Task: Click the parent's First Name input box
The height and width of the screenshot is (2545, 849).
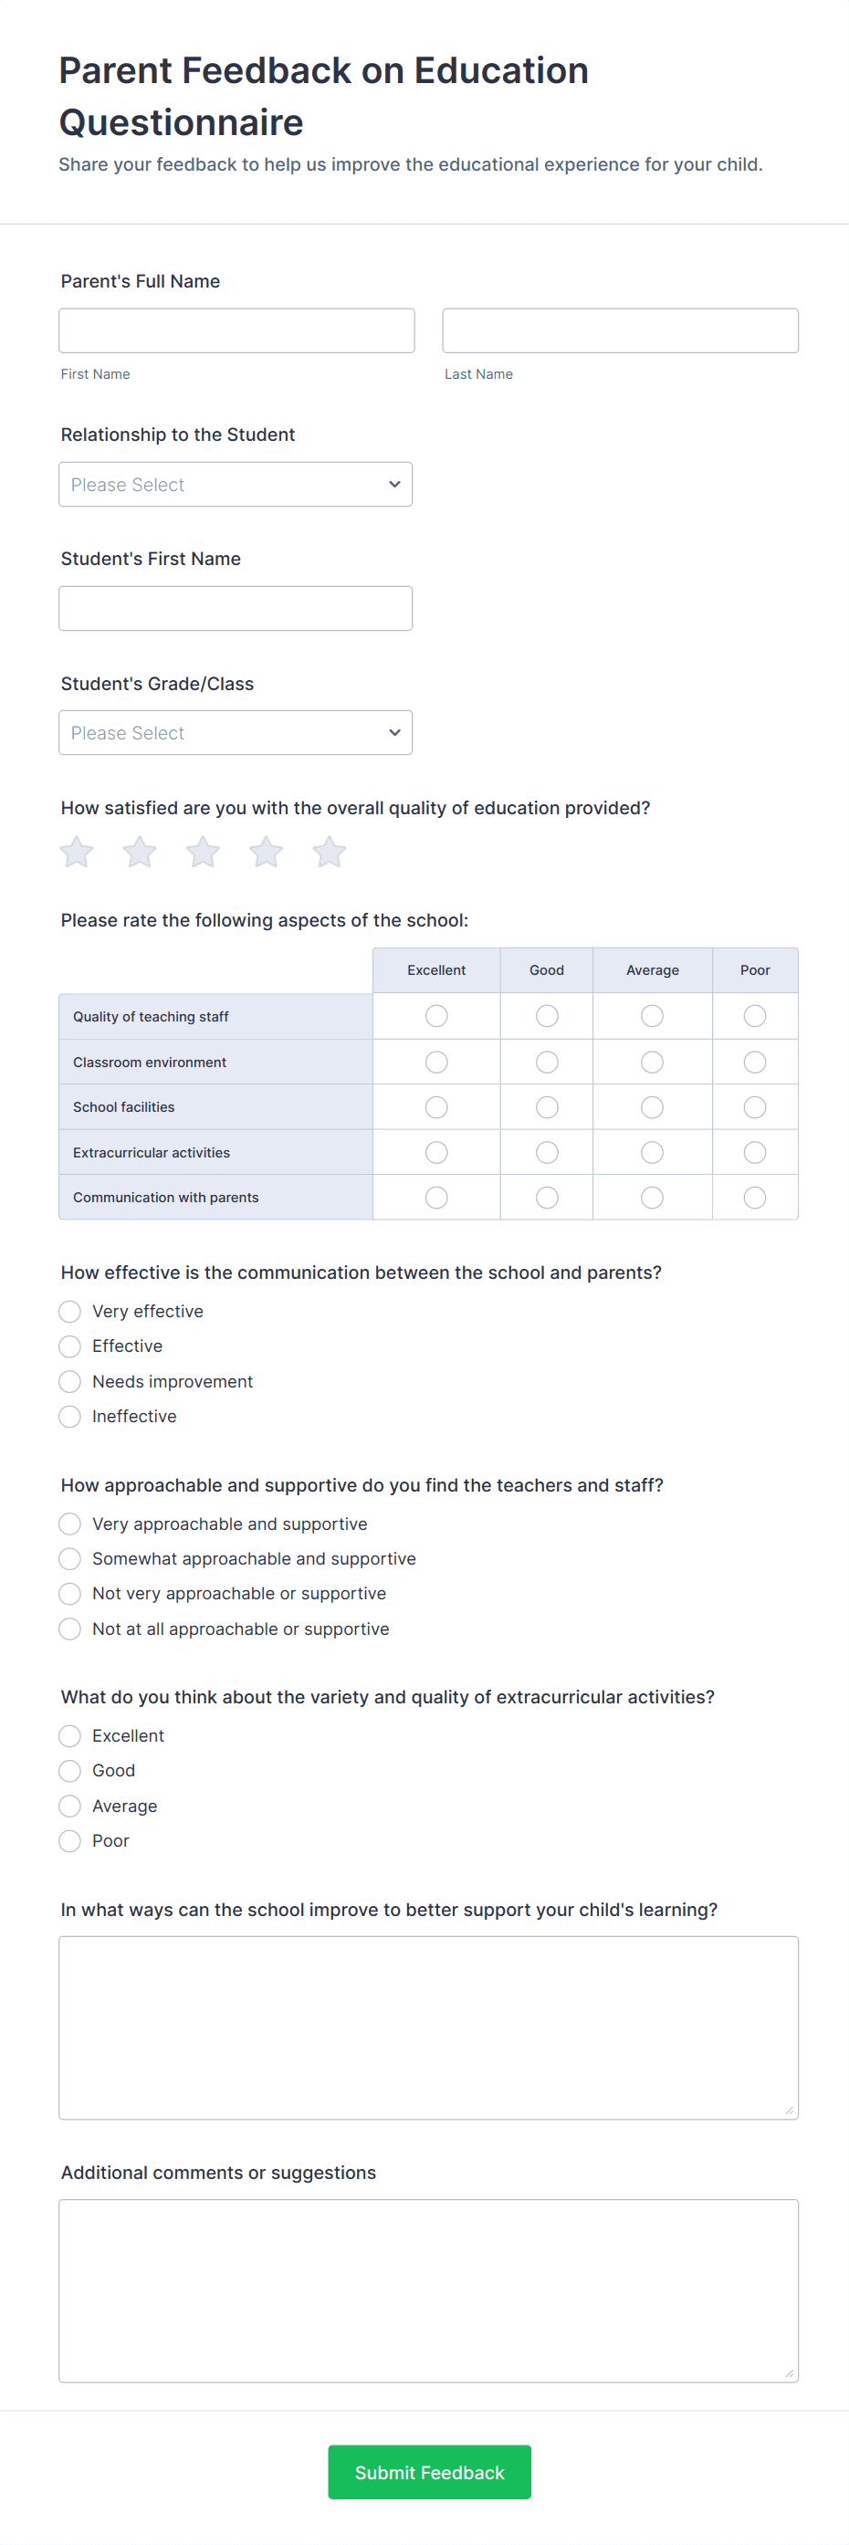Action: point(236,331)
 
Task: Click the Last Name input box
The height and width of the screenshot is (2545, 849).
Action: point(620,331)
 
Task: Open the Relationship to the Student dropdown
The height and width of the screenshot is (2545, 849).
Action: point(236,484)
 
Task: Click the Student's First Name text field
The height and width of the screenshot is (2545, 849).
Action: point(236,609)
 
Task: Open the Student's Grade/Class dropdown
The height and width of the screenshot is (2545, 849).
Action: point(236,733)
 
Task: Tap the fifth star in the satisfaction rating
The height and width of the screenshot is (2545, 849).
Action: point(330,852)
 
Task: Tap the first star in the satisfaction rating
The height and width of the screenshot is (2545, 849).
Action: point(76,852)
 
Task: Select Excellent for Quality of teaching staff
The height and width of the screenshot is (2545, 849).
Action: point(435,1016)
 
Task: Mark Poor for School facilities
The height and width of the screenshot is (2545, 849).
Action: point(754,1107)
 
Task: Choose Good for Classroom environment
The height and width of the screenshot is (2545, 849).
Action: point(547,1062)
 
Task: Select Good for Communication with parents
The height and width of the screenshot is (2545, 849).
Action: point(547,1198)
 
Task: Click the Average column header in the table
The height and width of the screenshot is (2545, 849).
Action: point(653,970)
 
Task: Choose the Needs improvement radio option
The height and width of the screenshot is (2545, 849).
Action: point(70,1381)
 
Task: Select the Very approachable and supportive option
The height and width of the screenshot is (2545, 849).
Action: point(70,1524)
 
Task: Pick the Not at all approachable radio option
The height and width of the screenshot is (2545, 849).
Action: point(70,1629)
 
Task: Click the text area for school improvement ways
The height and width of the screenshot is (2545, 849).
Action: point(428,2027)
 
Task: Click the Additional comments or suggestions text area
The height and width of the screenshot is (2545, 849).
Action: point(428,2290)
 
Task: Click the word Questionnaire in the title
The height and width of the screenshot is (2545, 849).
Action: point(181,122)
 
